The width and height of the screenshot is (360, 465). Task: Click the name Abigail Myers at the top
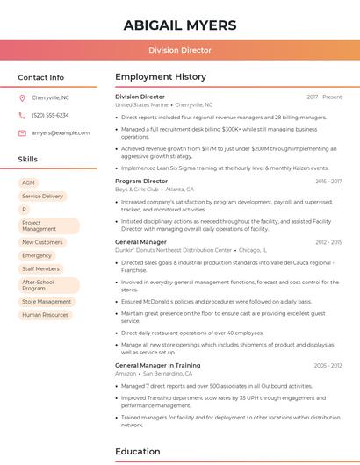pyautogui.click(x=180, y=25)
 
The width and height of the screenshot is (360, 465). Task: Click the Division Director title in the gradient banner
pyautogui.click(x=180, y=51)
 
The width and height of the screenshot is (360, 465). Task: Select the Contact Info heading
pyautogui.click(x=41, y=77)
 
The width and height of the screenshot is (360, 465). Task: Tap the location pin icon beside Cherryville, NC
pyautogui.click(x=22, y=97)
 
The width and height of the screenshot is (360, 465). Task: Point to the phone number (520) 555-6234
pyautogui.click(x=50, y=115)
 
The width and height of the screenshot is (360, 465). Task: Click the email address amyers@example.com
pyautogui.click(x=61, y=132)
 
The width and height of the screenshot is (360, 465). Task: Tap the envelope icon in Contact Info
pyautogui.click(x=22, y=132)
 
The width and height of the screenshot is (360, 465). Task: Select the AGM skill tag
pyautogui.click(x=28, y=182)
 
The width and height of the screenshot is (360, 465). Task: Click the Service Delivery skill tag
pyautogui.click(x=42, y=197)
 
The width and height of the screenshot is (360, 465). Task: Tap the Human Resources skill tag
pyautogui.click(x=45, y=314)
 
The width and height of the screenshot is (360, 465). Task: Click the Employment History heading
pyautogui.click(x=161, y=77)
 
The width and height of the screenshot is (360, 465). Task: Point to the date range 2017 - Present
pyautogui.click(x=324, y=97)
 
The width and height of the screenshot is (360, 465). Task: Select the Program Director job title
pyautogui.click(x=141, y=181)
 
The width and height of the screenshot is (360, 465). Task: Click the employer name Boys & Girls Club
pyautogui.click(x=136, y=189)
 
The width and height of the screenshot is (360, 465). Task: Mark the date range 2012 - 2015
pyautogui.click(x=328, y=241)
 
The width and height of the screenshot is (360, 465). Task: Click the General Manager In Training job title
pyautogui.click(x=157, y=365)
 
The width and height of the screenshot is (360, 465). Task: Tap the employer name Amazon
pyautogui.click(x=126, y=373)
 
